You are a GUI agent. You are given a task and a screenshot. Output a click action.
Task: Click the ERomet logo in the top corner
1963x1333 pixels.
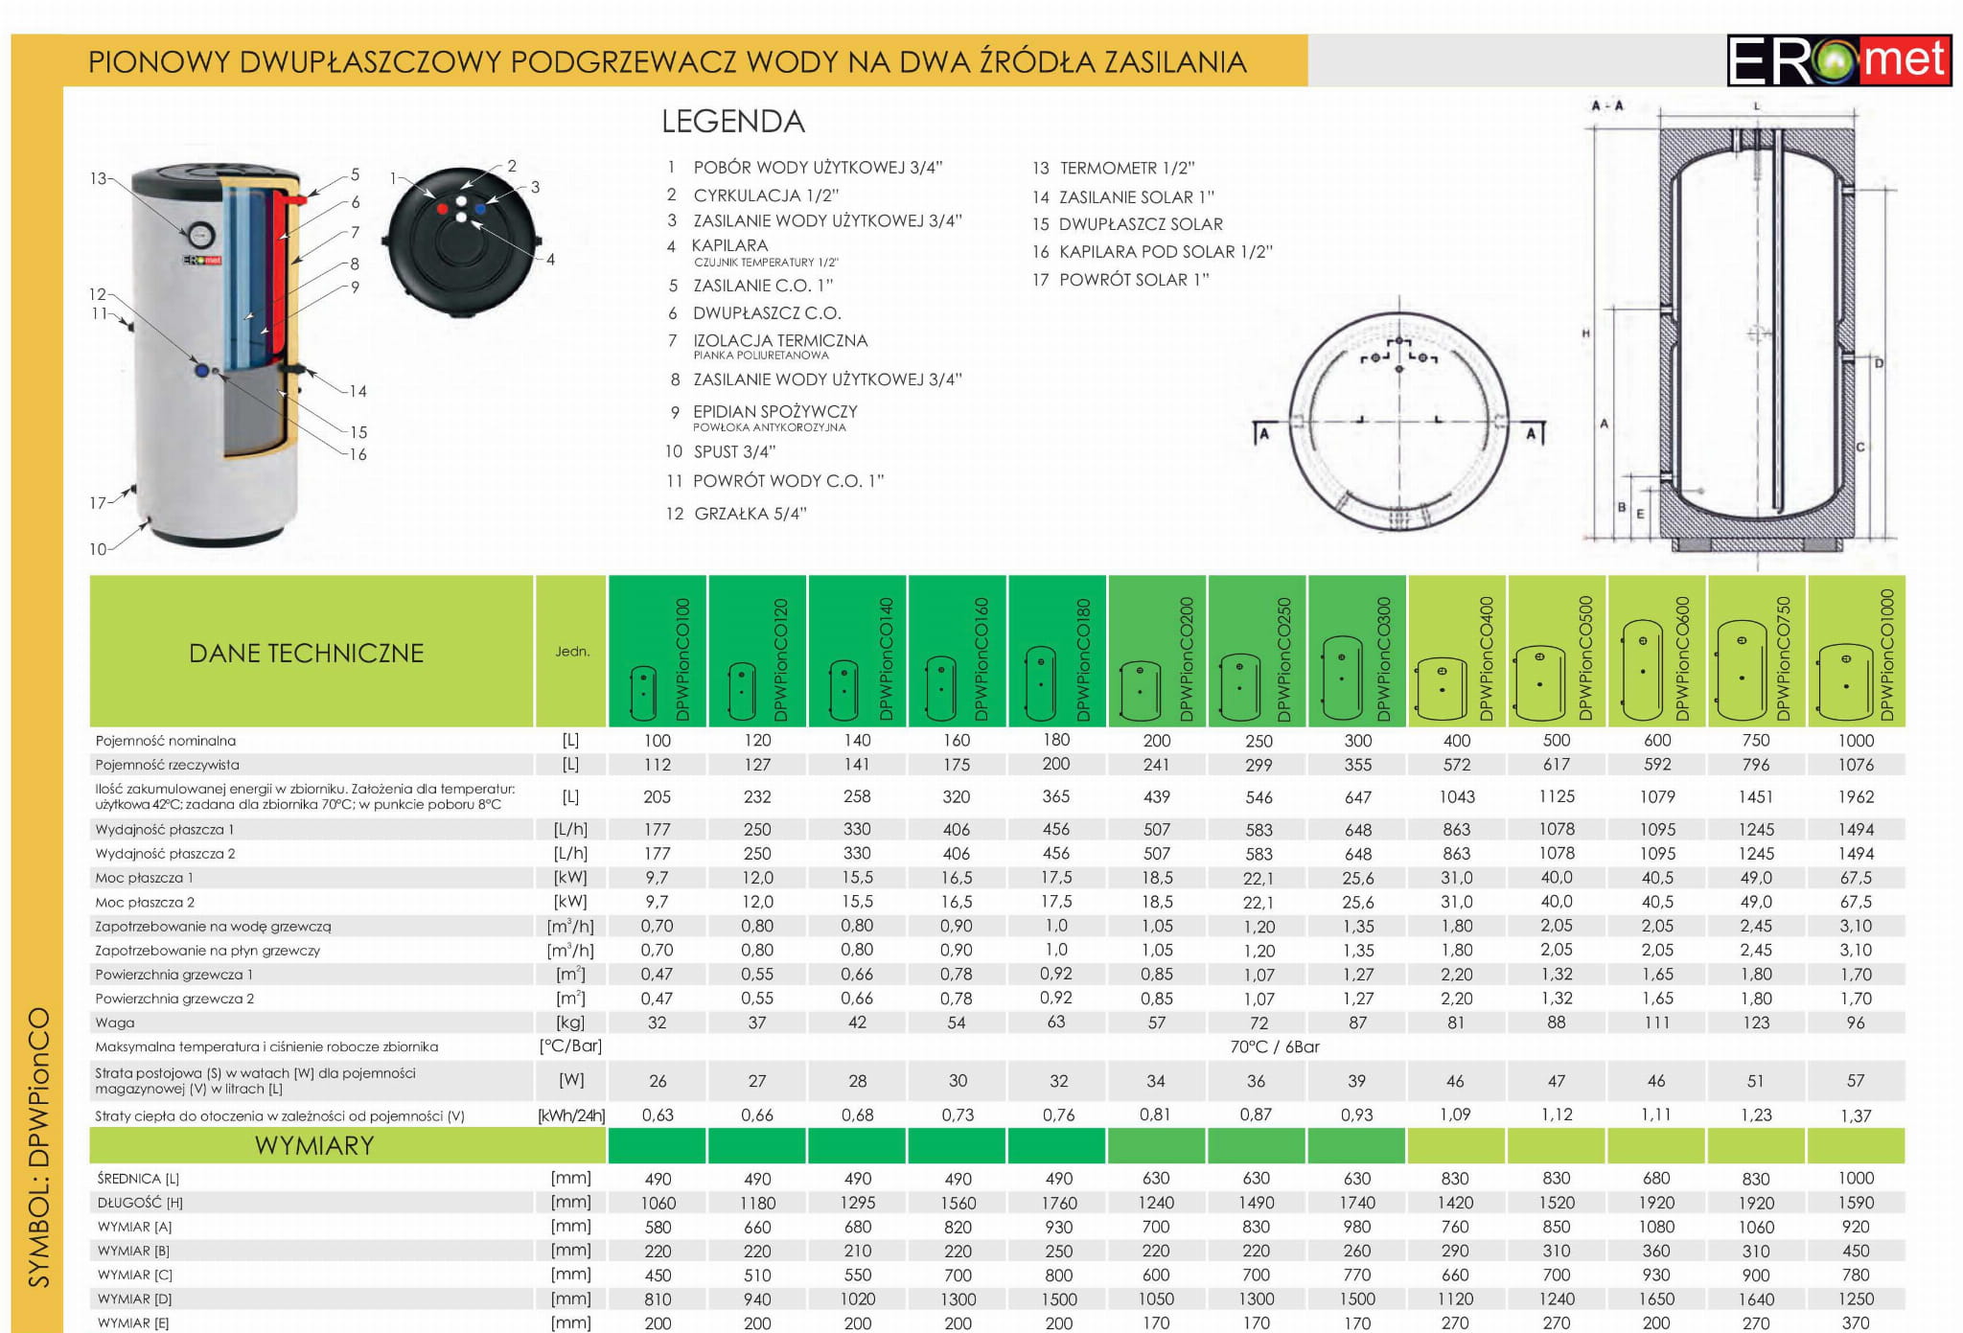pyautogui.click(x=1838, y=59)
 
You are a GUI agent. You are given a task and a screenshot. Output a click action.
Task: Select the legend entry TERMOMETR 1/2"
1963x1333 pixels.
pyautogui.click(x=1114, y=169)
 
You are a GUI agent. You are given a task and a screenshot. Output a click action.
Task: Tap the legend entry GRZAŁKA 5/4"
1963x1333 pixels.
pyautogui.click(x=736, y=514)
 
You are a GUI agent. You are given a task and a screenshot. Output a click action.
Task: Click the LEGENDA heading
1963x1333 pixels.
pyautogui.click(x=733, y=122)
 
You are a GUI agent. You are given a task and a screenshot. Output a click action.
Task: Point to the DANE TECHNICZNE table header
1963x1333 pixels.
pyautogui.click(x=307, y=653)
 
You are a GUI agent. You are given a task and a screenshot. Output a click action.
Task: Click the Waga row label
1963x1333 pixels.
pyautogui.click(x=115, y=1023)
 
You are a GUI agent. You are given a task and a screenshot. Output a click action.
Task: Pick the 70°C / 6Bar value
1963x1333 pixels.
pyautogui.click(x=1275, y=1046)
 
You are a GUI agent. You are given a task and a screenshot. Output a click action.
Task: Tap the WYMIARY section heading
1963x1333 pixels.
pyautogui.click(x=314, y=1146)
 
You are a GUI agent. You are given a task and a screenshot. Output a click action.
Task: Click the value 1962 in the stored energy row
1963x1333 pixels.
pyautogui.click(x=1856, y=796)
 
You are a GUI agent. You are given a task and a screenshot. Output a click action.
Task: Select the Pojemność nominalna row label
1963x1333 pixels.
pyautogui.click(x=166, y=741)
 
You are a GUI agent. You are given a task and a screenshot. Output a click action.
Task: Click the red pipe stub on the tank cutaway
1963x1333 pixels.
pyautogui.click(x=301, y=199)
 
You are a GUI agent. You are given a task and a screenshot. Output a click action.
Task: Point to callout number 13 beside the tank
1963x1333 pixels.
pyautogui.click(x=98, y=178)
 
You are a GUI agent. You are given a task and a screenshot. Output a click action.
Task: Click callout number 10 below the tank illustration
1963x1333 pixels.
pyautogui.click(x=98, y=549)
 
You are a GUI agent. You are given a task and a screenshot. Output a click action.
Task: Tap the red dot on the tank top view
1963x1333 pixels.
pyautogui.click(x=442, y=208)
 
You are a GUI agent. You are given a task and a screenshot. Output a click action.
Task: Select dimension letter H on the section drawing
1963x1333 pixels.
pyautogui.click(x=1586, y=333)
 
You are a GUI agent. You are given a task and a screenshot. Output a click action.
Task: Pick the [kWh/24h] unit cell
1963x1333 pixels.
pyautogui.click(x=571, y=1115)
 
